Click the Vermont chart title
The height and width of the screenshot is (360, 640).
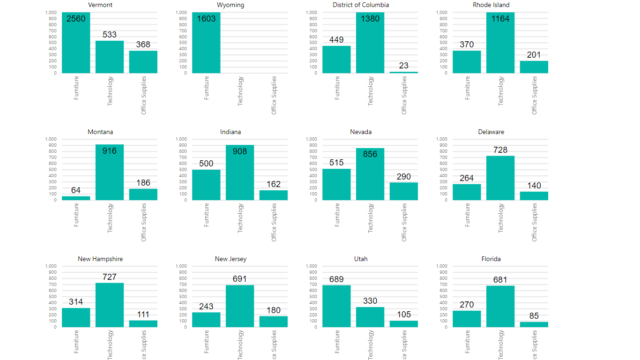coord(100,5)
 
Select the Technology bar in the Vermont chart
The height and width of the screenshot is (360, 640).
coord(110,57)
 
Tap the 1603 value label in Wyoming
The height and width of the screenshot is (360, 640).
coord(207,19)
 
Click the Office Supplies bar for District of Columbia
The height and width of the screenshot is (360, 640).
coord(404,72)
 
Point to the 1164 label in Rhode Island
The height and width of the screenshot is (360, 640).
coord(500,19)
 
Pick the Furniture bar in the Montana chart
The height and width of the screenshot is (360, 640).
coord(76,198)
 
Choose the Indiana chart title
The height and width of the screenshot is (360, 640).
coord(231,132)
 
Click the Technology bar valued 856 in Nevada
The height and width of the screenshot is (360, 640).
coord(370,174)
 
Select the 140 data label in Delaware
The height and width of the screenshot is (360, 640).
coord(534,186)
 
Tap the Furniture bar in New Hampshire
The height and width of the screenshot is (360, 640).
coord(76,317)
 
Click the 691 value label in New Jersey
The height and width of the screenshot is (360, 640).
coord(240,279)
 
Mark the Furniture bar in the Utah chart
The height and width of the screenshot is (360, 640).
coord(336,306)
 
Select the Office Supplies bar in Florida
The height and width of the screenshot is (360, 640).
coord(534,324)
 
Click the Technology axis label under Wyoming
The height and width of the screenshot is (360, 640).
coord(240,91)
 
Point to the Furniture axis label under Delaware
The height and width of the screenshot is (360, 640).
coord(467,215)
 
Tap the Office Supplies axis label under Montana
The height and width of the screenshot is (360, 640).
coord(144,222)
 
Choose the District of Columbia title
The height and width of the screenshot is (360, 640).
coord(361,5)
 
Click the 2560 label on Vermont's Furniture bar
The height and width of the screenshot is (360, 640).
coord(76,19)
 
